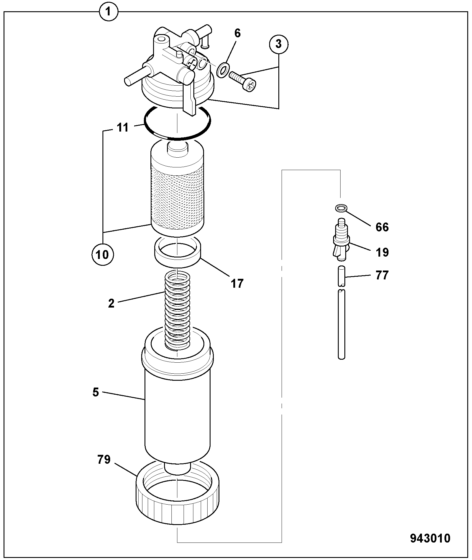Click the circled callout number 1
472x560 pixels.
[108, 12]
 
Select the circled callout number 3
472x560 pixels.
[278, 44]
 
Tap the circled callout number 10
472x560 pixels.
[102, 255]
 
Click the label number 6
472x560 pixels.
[237, 33]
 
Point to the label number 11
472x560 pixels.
[122, 127]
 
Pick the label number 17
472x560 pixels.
[237, 284]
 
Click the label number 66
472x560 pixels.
[382, 227]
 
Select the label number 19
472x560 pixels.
[382, 252]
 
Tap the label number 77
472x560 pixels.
[382, 275]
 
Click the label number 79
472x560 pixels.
[104, 460]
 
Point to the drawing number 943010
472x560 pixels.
[430, 538]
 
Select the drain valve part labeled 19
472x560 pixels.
[341, 240]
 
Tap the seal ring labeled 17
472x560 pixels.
[177, 252]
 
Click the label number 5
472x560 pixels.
[96, 392]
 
